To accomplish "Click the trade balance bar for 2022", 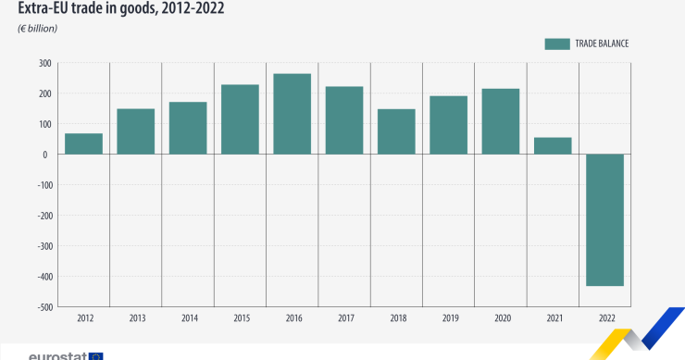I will point(604,220).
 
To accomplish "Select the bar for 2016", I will point(292,114).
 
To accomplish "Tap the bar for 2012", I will point(83,143).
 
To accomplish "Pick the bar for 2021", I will point(553,145).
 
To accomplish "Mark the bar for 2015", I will point(240,119).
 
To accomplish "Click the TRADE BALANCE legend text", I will point(603,43).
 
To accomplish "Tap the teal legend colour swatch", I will point(556,43).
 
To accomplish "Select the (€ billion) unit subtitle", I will point(38,29).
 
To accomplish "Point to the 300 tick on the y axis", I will point(44,63).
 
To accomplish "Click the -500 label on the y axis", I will point(42,307).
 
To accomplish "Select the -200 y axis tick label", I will point(42,216).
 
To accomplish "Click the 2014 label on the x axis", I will point(188,318).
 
